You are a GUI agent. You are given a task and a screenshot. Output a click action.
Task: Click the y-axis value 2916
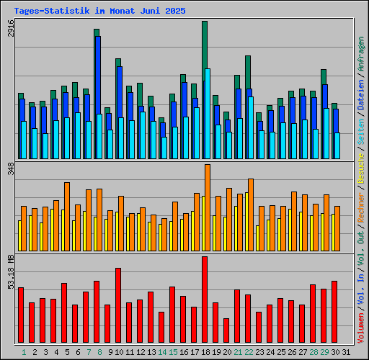pos(9,32)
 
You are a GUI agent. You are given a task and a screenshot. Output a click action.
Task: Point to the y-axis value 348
pos(9,171)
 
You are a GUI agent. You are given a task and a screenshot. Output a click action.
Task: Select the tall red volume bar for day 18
pos(205,300)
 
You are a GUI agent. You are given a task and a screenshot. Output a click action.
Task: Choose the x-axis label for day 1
pos(24,353)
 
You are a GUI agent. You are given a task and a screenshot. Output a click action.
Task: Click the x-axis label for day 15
pos(172,353)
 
